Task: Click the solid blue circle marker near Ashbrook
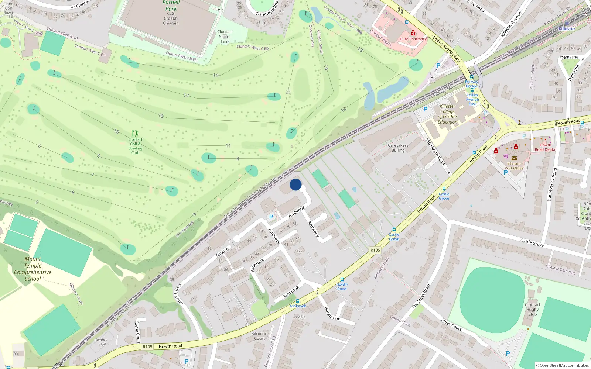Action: click(295, 184)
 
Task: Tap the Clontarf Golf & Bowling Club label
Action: click(135, 146)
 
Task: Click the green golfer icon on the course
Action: click(135, 133)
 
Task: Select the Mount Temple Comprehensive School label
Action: click(33, 269)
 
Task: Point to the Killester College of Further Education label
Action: click(447, 114)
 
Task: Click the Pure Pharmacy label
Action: click(413, 39)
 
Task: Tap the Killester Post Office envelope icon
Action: click(514, 158)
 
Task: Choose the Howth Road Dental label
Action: click(545, 147)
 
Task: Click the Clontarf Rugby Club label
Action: click(532, 310)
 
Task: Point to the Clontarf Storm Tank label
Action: click(225, 37)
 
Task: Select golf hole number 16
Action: click(216, 75)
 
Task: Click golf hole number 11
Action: click(228, 146)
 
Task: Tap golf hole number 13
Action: click(360, 50)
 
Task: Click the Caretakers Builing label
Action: click(398, 148)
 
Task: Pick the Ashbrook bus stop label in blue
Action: click(298, 306)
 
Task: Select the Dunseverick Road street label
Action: click(552, 184)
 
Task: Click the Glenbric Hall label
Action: click(101, 342)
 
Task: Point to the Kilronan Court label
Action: click(259, 336)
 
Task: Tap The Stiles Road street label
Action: click(421, 296)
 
